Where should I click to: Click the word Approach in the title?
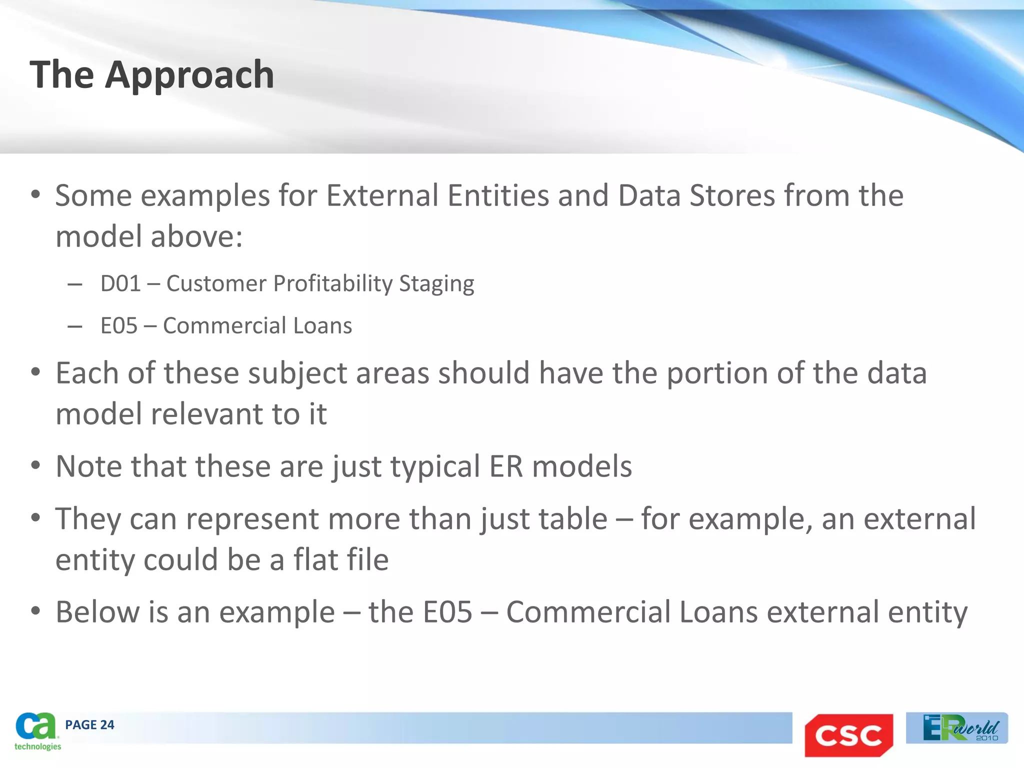coord(189,75)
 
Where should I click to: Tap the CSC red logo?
coord(848,734)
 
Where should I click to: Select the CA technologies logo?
coord(36,731)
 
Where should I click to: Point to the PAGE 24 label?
coord(89,725)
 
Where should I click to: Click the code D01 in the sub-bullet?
coord(120,283)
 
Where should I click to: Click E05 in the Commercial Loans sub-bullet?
coord(119,325)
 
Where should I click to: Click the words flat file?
coord(340,559)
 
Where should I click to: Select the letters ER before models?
coord(506,466)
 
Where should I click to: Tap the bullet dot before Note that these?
coord(35,465)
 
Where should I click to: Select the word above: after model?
coord(196,236)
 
